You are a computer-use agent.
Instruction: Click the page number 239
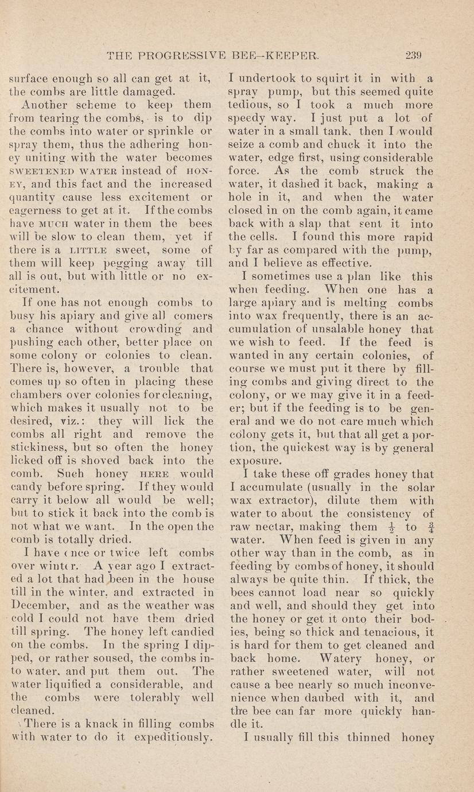click(413, 56)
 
